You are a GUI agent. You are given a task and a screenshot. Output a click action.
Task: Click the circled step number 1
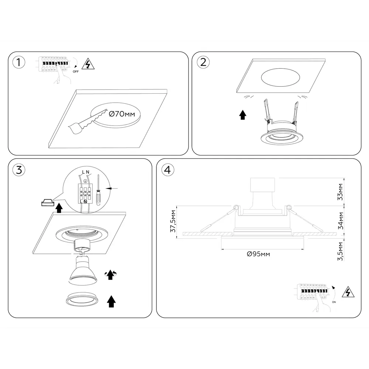(x=18, y=62)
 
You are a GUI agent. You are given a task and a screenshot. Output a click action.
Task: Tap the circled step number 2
(x=203, y=62)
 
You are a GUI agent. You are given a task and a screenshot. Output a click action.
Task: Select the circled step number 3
(x=19, y=170)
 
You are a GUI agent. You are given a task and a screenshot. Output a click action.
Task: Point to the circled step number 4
(x=168, y=170)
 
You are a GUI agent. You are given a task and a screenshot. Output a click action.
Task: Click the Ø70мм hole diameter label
(x=122, y=114)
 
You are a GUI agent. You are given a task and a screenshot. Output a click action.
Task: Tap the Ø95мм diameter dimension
(x=258, y=254)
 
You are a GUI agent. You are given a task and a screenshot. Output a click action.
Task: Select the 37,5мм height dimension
(x=173, y=221)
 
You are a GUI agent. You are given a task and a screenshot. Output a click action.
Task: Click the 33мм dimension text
(x=340, y=192)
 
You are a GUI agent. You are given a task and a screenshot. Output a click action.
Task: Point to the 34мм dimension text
(x=340, y=221)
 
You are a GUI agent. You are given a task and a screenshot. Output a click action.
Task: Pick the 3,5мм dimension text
(x=340, y=251)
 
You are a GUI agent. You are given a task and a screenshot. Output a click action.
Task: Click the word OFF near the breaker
(x=76, y=72)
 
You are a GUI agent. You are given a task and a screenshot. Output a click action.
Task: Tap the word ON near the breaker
(x=334, y=302)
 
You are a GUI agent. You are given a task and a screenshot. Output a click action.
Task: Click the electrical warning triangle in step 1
(x=88, y=64)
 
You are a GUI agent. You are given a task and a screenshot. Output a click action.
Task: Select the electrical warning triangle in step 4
(x=348, y=292)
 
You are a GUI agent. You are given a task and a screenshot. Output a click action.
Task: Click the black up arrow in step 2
(x=243, y=115)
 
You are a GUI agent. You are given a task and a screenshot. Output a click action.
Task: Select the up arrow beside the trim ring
(x=111, y=301)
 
